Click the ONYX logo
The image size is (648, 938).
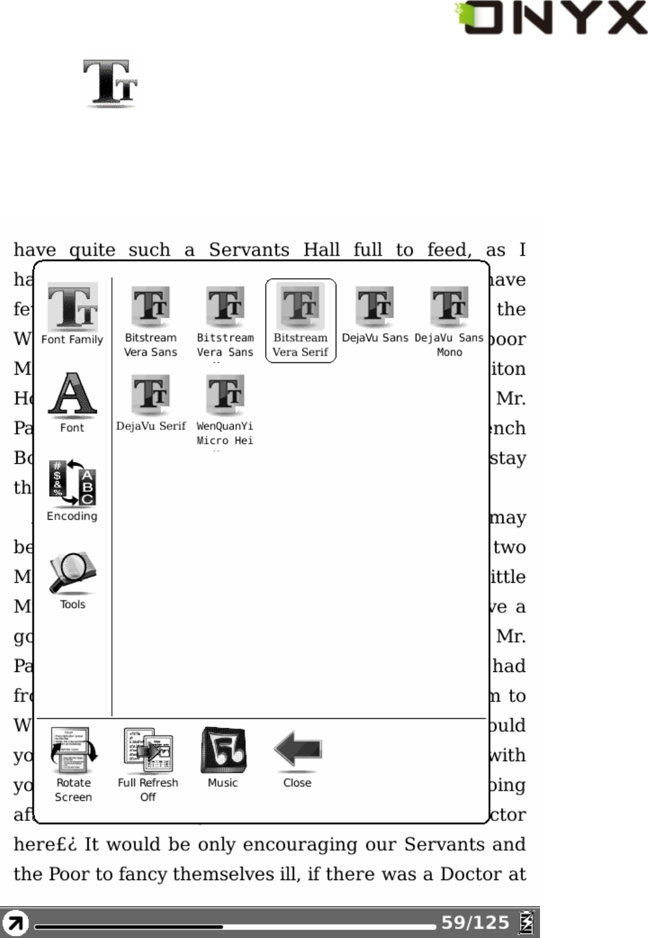click(552, 18)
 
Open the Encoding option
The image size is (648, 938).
click(72, 490)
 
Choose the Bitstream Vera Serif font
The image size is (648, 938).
click(301, 321)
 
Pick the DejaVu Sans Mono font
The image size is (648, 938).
click(450, 321)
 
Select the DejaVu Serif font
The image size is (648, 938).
click(151, 403)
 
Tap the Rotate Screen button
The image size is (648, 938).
click(74, 764)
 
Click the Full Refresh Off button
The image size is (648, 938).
click(148, 764)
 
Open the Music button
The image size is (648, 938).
click(223, 757)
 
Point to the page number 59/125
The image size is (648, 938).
click(475, 922)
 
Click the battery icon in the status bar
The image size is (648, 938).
click(526, 922)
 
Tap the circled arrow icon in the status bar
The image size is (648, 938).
click(15, 923)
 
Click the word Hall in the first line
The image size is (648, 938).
click(321, 250)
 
